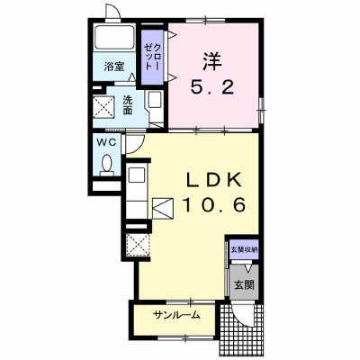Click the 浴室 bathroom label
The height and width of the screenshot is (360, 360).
coord(114,66)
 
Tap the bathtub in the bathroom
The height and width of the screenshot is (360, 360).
coord(114,38)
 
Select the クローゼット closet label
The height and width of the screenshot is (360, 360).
coord(153,57)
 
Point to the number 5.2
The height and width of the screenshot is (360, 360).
coord(212,88)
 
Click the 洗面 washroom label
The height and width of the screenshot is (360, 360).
coord(128,105)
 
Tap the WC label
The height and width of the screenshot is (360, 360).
coord(106,143)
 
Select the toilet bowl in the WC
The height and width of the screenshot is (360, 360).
coord(107,165)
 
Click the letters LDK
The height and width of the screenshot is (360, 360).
coord(214,181)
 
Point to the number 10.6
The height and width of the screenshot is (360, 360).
coord(214,205)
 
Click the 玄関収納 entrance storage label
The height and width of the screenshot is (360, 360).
coord(244,249)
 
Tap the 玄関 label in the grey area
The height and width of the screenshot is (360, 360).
coord(244,284)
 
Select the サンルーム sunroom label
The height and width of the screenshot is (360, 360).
coord(176,315)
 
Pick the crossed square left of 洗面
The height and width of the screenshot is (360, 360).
coord(103,107)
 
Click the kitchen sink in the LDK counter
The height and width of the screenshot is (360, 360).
coord(137,174)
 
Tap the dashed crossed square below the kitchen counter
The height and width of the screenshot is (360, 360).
coord(138,245)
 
